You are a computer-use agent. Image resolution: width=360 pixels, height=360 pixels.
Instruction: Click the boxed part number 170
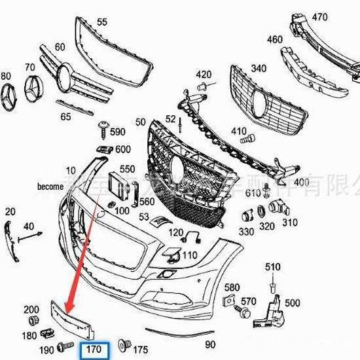(94, 350)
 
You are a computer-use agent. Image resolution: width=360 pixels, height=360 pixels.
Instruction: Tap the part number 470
(319, 17)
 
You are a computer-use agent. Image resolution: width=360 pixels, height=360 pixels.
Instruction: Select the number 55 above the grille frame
(101, 22)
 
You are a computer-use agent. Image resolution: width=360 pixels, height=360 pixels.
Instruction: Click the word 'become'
(50, 186)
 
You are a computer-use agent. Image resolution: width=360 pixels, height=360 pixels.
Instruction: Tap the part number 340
(259, 69)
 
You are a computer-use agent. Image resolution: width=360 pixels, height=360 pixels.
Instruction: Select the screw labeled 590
(103, 126)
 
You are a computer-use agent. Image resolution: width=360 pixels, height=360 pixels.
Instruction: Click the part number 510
(272, 267)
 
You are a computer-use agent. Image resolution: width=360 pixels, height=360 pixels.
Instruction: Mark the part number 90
(210, 344)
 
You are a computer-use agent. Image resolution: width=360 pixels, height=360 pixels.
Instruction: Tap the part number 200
(31, 310)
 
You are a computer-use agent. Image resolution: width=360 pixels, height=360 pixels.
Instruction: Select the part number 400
(301, 182)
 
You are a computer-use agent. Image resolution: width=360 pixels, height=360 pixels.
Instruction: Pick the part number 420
(204, 75)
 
